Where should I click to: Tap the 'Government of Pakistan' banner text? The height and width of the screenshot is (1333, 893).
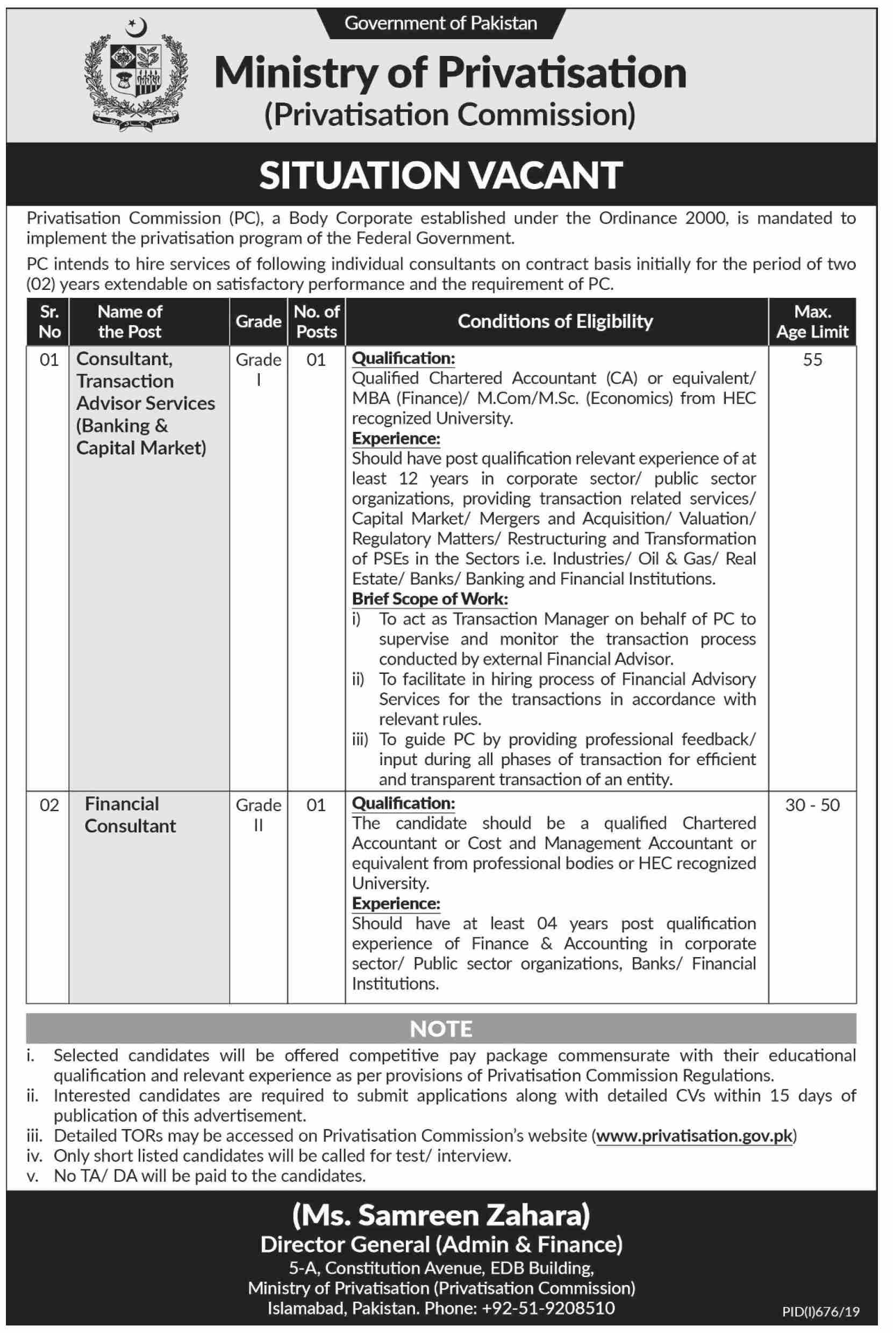[x=441, y=23]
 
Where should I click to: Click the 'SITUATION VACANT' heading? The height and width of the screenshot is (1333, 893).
[x=441, y=175]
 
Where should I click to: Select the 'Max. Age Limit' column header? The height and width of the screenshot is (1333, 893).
[x=812, y=322]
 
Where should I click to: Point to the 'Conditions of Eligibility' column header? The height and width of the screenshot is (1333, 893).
[x=555, y=322]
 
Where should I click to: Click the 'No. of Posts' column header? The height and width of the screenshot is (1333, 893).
[x=316, y=322]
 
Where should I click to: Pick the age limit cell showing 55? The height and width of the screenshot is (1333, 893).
[x=812, y=360]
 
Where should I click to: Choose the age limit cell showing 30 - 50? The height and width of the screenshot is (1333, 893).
[x=812, y=805]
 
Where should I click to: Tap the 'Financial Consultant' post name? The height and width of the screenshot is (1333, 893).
[x=131, y=815]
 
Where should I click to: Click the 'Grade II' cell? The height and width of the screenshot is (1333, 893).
[x=258, y=815]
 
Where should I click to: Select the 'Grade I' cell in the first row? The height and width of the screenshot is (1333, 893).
[x=258, y=370]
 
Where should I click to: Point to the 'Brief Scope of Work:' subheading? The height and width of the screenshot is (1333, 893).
[x=430, y=598]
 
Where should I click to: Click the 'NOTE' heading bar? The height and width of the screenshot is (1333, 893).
[x=441, y=1029]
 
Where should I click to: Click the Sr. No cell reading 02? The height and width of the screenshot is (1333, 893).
[x=49, y=805]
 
